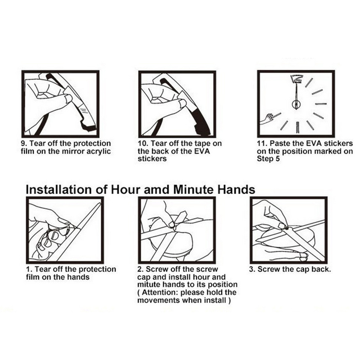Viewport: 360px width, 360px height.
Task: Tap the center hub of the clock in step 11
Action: pos(296,105)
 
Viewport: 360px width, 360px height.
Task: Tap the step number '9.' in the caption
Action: pos(24,143)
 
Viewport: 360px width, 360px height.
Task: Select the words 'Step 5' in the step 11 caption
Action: pos(268,159)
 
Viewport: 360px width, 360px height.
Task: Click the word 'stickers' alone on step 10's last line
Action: pos(152,159)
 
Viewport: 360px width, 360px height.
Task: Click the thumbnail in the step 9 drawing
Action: pos(69,98)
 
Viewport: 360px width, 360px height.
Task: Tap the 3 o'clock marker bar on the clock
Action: pos(320,104)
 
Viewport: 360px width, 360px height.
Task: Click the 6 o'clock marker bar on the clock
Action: pos(297,127)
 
